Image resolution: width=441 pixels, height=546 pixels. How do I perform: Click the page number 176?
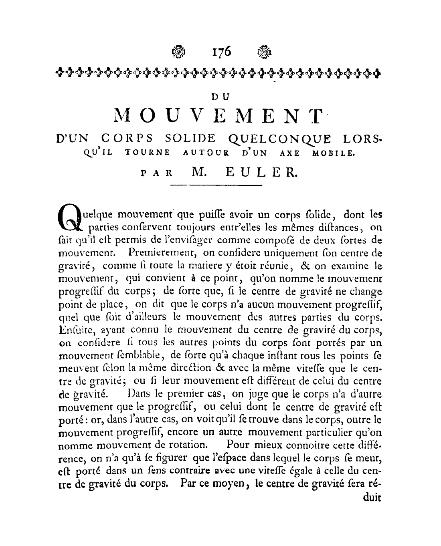click(220, 52)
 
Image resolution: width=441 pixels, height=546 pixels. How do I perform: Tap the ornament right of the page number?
click(264, 52)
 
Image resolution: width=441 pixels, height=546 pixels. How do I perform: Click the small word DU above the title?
click(220, 96)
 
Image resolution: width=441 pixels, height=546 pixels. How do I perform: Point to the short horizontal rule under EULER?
click(216, 185)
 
